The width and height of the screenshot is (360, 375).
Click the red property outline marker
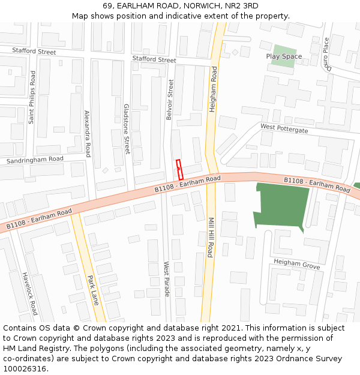coord(179,170)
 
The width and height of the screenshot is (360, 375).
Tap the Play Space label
coord(284,56)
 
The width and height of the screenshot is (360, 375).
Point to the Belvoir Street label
coord(170,100)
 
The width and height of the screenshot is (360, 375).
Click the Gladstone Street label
coord(127,128)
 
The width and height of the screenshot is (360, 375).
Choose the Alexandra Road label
coord(88,133)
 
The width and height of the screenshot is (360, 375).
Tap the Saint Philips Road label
coord(32,97)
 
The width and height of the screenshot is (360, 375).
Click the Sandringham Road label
coord(35,160)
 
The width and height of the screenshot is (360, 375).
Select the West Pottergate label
coord(284,128)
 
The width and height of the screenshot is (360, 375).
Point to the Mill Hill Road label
coord(211,237)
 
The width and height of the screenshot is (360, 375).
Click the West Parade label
coord(166,278)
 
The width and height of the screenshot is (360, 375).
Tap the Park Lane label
coord(92,290)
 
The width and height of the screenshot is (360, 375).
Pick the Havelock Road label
coord(31,292)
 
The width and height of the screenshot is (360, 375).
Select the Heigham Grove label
coord(296,263)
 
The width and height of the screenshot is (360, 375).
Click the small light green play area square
coord(283,55)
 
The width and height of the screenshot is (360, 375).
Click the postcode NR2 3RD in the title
coord(243,5)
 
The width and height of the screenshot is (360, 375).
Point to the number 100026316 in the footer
coord(23,368)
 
